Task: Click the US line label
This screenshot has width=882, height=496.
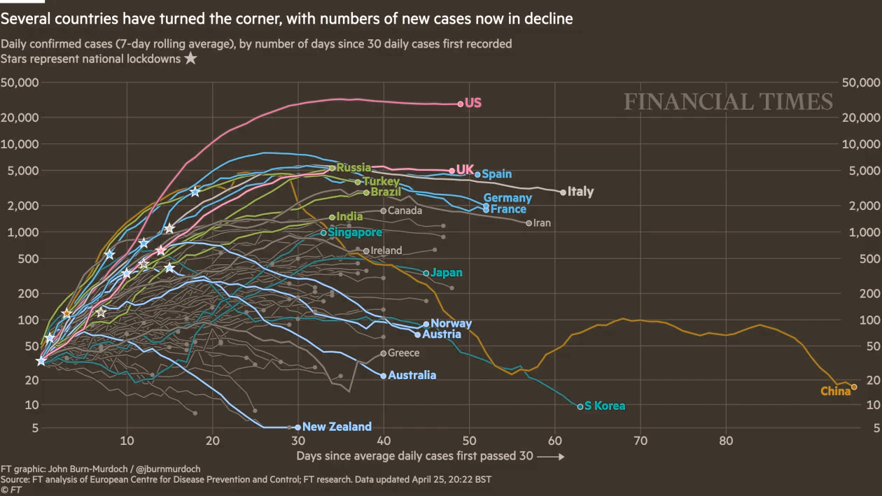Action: click(x=473, y=103)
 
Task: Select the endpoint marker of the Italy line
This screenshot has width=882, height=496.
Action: click(x=563, y=192)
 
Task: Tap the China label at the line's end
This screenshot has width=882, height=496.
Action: click(x=835, y=391)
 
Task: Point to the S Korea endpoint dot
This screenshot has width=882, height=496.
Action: click(x=580, y=406)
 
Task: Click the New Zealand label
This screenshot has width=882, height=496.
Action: click(x=337, y=427)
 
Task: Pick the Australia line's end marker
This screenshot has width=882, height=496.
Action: click(x=384, y=376)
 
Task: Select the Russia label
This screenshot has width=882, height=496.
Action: click(x=353, y=168)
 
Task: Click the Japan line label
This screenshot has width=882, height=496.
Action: click(x=447, y=273)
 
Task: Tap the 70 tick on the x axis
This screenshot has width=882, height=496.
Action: click(x=640, y=440)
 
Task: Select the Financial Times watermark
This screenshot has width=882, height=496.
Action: click(x=728, y=102)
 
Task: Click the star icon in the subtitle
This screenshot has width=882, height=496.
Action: click(x=190, y=59)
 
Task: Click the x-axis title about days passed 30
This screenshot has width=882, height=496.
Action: click(x=414, y=456)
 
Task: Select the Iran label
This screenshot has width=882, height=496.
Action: click(x=542, y=223)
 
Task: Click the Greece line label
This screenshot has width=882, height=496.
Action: click(x=403, y=353)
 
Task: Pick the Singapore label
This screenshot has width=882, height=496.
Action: click(x=355, y=232)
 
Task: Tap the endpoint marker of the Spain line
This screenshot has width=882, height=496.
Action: click(x=477, y=174)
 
